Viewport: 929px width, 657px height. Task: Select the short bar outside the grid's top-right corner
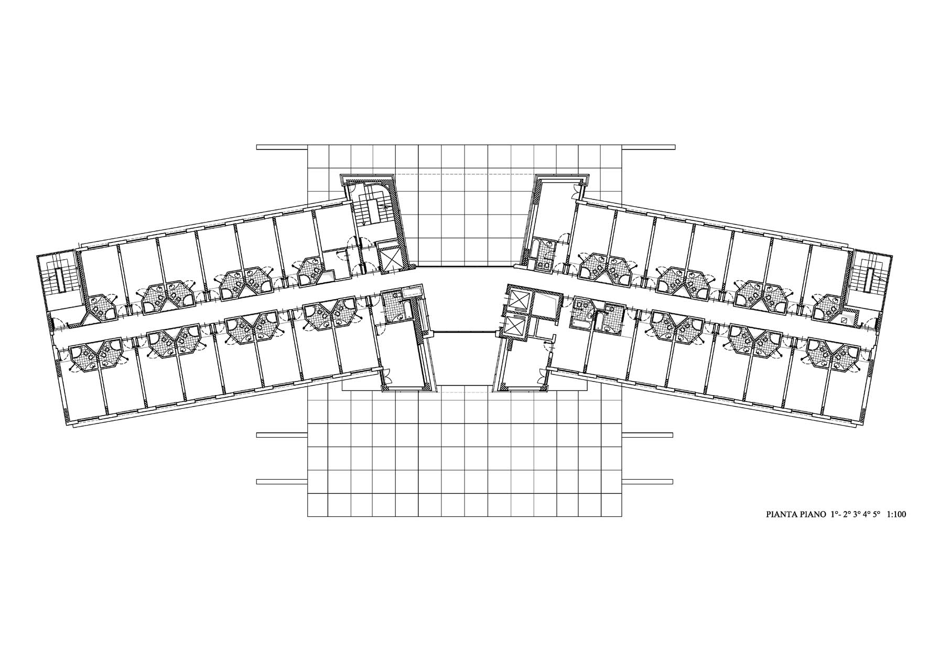[648, 147]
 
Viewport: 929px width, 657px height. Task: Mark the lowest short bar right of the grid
[648, 481]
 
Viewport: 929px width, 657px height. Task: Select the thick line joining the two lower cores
[463, 332]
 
